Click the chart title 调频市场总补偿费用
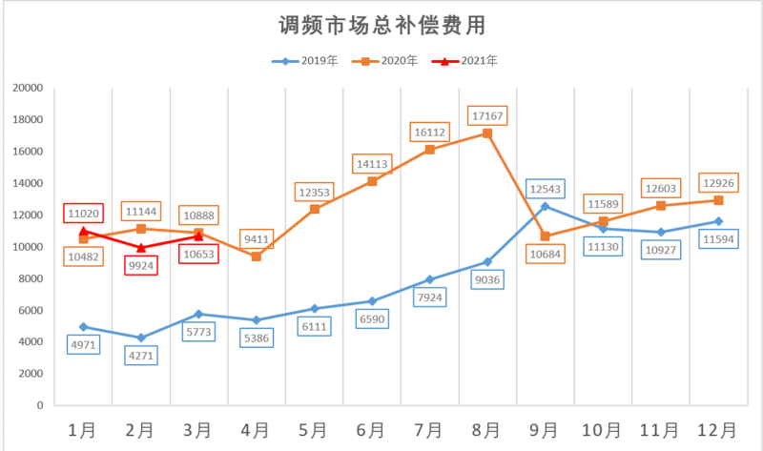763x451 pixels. (381, 23)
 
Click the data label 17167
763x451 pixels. (487, 115)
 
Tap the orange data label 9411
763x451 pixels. (256, 236)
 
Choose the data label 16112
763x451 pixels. (430, 131)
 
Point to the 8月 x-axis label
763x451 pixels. (487, 429)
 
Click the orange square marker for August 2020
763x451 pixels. (487, 133)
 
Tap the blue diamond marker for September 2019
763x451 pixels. (546, 206)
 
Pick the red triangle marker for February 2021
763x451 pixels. (141, 248)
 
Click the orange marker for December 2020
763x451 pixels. (718, 200)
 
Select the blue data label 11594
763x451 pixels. (718, 239)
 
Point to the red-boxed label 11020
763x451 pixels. (84, 213)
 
